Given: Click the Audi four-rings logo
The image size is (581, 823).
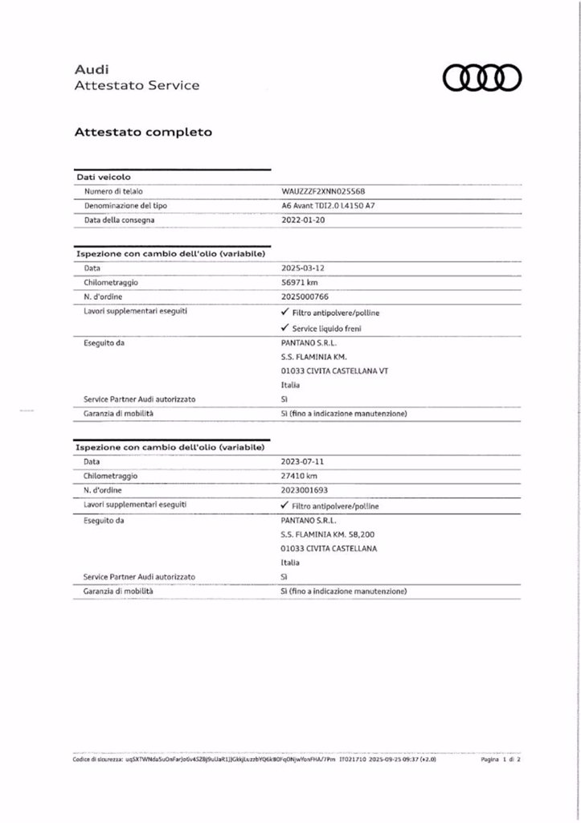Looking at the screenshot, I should click(x=482, y=77).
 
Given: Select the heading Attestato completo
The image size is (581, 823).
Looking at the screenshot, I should click(x=143, y=132).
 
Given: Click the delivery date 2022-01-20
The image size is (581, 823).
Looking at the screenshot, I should click(x=303, y=219).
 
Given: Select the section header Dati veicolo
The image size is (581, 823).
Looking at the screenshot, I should click(x=104, y=177).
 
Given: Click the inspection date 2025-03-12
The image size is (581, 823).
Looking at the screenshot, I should click(x=303, y=268).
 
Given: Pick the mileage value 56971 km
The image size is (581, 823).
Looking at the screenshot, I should click(x=301, y=282).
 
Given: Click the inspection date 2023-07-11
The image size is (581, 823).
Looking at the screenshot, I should click(x=303, y=461).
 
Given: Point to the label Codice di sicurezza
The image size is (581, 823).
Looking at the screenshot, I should click(x=96, y=759).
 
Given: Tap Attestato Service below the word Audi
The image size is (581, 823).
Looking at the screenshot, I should click(x=137, y=85).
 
